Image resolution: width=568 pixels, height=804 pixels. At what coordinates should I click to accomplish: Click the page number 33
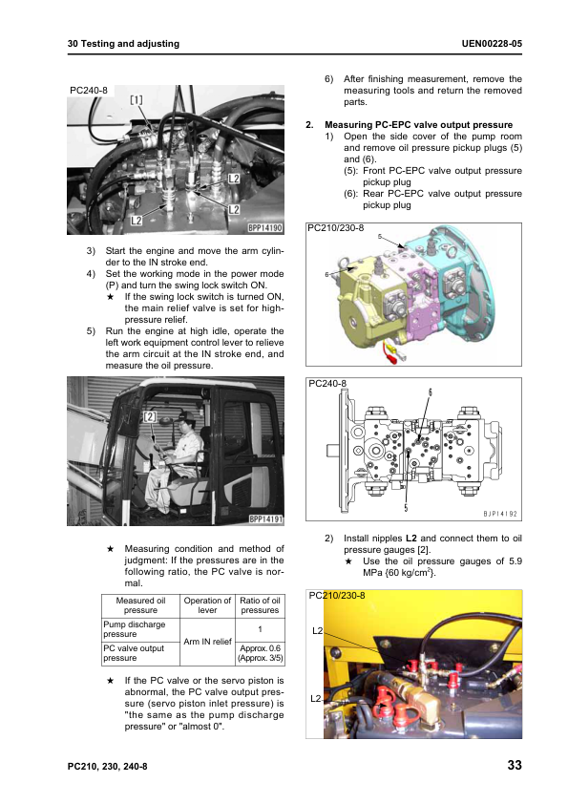(515, 765)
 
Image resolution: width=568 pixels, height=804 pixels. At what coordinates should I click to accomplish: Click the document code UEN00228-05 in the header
(492, 44)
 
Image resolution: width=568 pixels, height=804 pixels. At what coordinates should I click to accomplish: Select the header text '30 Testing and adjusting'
(123, 44)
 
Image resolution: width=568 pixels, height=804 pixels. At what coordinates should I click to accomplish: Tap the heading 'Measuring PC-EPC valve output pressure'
(418, 124)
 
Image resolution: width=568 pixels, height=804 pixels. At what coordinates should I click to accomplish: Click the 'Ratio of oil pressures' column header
(260, 605)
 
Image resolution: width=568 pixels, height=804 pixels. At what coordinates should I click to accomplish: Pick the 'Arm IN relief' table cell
(207, 642)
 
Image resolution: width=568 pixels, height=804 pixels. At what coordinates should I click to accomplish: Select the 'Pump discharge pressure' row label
(135, 629)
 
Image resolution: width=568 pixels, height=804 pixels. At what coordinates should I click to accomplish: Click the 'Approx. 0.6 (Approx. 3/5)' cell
(260, 653)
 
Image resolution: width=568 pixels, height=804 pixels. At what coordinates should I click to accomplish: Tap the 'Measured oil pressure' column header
(140, 605)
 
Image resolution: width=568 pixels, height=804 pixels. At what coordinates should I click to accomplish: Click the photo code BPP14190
(265, 227)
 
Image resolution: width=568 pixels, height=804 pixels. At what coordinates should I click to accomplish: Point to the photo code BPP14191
(266, 518)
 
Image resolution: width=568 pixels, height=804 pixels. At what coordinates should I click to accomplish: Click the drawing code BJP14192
(500, 514)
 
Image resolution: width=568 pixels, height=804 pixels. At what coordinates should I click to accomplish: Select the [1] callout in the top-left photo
(137, 100)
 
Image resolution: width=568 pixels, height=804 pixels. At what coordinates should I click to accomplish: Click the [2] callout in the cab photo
(149, 416)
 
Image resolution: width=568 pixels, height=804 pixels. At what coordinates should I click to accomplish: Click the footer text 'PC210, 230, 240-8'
(108, 767)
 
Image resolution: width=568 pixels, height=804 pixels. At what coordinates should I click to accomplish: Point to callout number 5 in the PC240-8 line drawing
(406, 508)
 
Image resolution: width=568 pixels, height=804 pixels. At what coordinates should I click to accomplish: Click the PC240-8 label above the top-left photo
(89, 91)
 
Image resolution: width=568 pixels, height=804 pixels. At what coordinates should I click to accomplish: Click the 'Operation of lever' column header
(207, 605)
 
